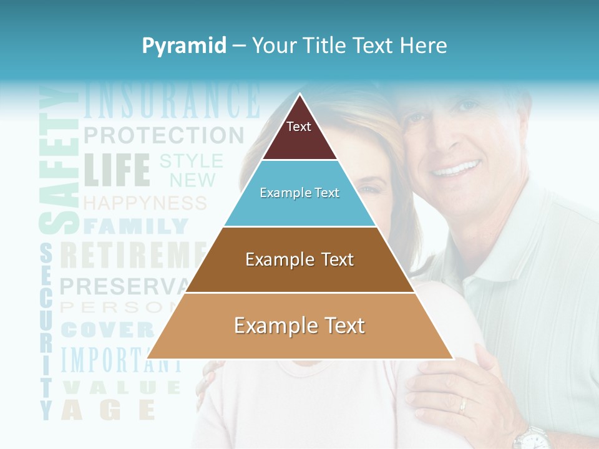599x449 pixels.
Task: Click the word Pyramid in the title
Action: [184, 46]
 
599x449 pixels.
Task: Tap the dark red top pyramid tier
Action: [299, 134]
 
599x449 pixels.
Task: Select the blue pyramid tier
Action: [299, 193]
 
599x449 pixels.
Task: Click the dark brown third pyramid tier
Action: [299, 259]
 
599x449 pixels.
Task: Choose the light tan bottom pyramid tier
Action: [299, 326]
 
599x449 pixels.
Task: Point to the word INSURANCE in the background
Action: [172, 101]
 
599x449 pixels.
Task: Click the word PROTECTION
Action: [163, 135]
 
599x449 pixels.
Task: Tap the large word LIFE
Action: [117, 170]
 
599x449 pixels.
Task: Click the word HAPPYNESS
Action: [145, 203]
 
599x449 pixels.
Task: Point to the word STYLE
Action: [191, 162]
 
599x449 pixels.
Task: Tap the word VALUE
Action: [122, 387]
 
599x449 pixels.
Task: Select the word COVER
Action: [107, 329]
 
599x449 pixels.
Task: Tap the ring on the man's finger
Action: [462, 406]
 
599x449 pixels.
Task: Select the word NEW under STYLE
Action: [192, 181]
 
